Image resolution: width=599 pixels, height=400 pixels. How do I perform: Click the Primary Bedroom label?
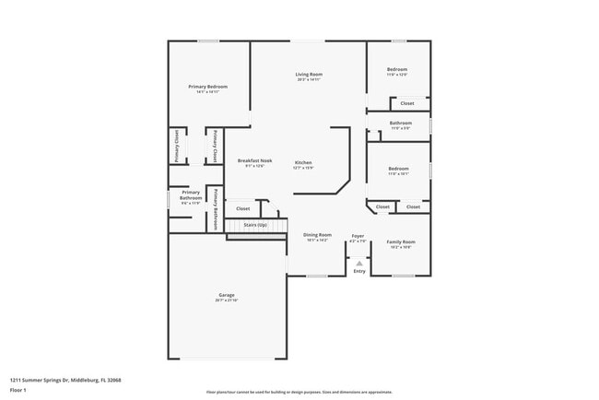pos(207,87)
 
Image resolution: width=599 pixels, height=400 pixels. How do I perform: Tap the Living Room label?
pos(309,74)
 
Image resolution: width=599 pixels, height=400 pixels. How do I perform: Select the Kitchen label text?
pos(303,162)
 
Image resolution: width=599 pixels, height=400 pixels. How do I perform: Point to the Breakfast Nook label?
pos(254,160)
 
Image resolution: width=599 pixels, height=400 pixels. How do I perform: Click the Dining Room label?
pos(317,235)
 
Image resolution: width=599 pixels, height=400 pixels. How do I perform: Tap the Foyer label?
pos(358,235)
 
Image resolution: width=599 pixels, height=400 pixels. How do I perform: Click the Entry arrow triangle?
pos(358,263)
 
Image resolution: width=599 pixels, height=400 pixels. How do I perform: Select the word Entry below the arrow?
pos(358,271)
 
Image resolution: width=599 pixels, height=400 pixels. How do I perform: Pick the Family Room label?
pos(401,241)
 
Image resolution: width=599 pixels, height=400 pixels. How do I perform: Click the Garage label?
pos(227,295)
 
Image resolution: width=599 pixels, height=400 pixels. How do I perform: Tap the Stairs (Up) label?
pos(255,224)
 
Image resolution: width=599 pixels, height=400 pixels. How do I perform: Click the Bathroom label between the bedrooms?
pos(400,123)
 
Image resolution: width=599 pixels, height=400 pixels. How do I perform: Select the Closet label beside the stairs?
pos(243,208)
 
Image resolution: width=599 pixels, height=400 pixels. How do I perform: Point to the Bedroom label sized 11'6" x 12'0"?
pos(397,69)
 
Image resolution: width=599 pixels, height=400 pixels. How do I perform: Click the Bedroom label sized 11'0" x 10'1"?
pos(398,169)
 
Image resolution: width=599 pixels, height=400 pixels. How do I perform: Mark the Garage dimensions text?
pos(227,300)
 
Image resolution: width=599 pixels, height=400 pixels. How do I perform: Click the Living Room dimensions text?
pos(309,79)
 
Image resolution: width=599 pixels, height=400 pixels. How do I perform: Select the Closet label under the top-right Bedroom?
pos(406,103)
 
